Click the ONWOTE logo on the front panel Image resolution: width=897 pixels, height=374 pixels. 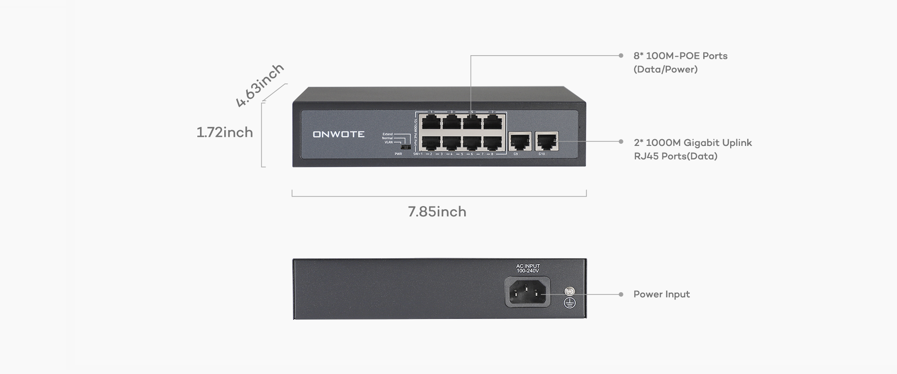point(339,134)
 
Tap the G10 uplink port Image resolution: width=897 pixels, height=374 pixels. point(546,141)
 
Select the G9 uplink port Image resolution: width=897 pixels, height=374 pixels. point(520,141)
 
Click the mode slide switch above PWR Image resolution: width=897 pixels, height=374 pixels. point(406,147)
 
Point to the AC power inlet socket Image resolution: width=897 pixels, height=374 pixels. point(527,292)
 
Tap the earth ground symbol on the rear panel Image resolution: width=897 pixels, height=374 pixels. point(569,303)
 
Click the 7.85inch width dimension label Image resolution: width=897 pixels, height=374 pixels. point(437,212)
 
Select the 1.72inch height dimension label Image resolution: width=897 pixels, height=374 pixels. point(225,132)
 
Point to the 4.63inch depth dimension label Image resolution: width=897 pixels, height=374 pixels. point(260,85)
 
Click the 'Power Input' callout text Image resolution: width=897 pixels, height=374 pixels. point(662,295)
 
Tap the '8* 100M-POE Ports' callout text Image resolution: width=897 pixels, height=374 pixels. point(680,56)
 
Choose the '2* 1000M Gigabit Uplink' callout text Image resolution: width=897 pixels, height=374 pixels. point(692,143)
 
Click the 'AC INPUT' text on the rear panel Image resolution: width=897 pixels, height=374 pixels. point(528,266)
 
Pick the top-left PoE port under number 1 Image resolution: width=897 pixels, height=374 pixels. point(431,122)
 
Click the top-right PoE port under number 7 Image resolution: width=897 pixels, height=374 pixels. point(492,122)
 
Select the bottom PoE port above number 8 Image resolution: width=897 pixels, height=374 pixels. point(492,143)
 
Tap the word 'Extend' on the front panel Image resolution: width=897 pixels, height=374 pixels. point(388,134)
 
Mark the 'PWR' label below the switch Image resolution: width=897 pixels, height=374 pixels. point(398,154)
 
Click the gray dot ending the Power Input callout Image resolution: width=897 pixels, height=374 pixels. point(621,295)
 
